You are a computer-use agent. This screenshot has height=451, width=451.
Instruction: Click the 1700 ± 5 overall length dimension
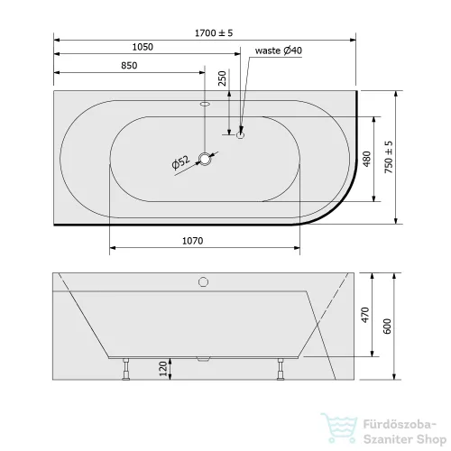click(x=214, y=32)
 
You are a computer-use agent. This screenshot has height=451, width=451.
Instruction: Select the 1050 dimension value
click(x=143, y=47)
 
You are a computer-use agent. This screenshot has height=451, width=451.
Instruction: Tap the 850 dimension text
click(x=129, y=66)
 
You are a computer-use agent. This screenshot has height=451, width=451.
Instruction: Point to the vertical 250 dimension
click(x=222, y=78)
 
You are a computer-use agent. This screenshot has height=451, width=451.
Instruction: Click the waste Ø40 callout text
click(x=279, y=51)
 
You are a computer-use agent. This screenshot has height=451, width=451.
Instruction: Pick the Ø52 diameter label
click(x=180, y=162)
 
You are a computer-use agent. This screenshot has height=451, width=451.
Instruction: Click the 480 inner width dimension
click(x=367, y=159)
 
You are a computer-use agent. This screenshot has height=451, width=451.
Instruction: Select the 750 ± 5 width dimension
click(x=389, y=157)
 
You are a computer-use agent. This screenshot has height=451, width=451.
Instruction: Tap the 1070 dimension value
click(x=193, y=241)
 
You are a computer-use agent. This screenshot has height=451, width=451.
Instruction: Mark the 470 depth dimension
click(x=365, y=315)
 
